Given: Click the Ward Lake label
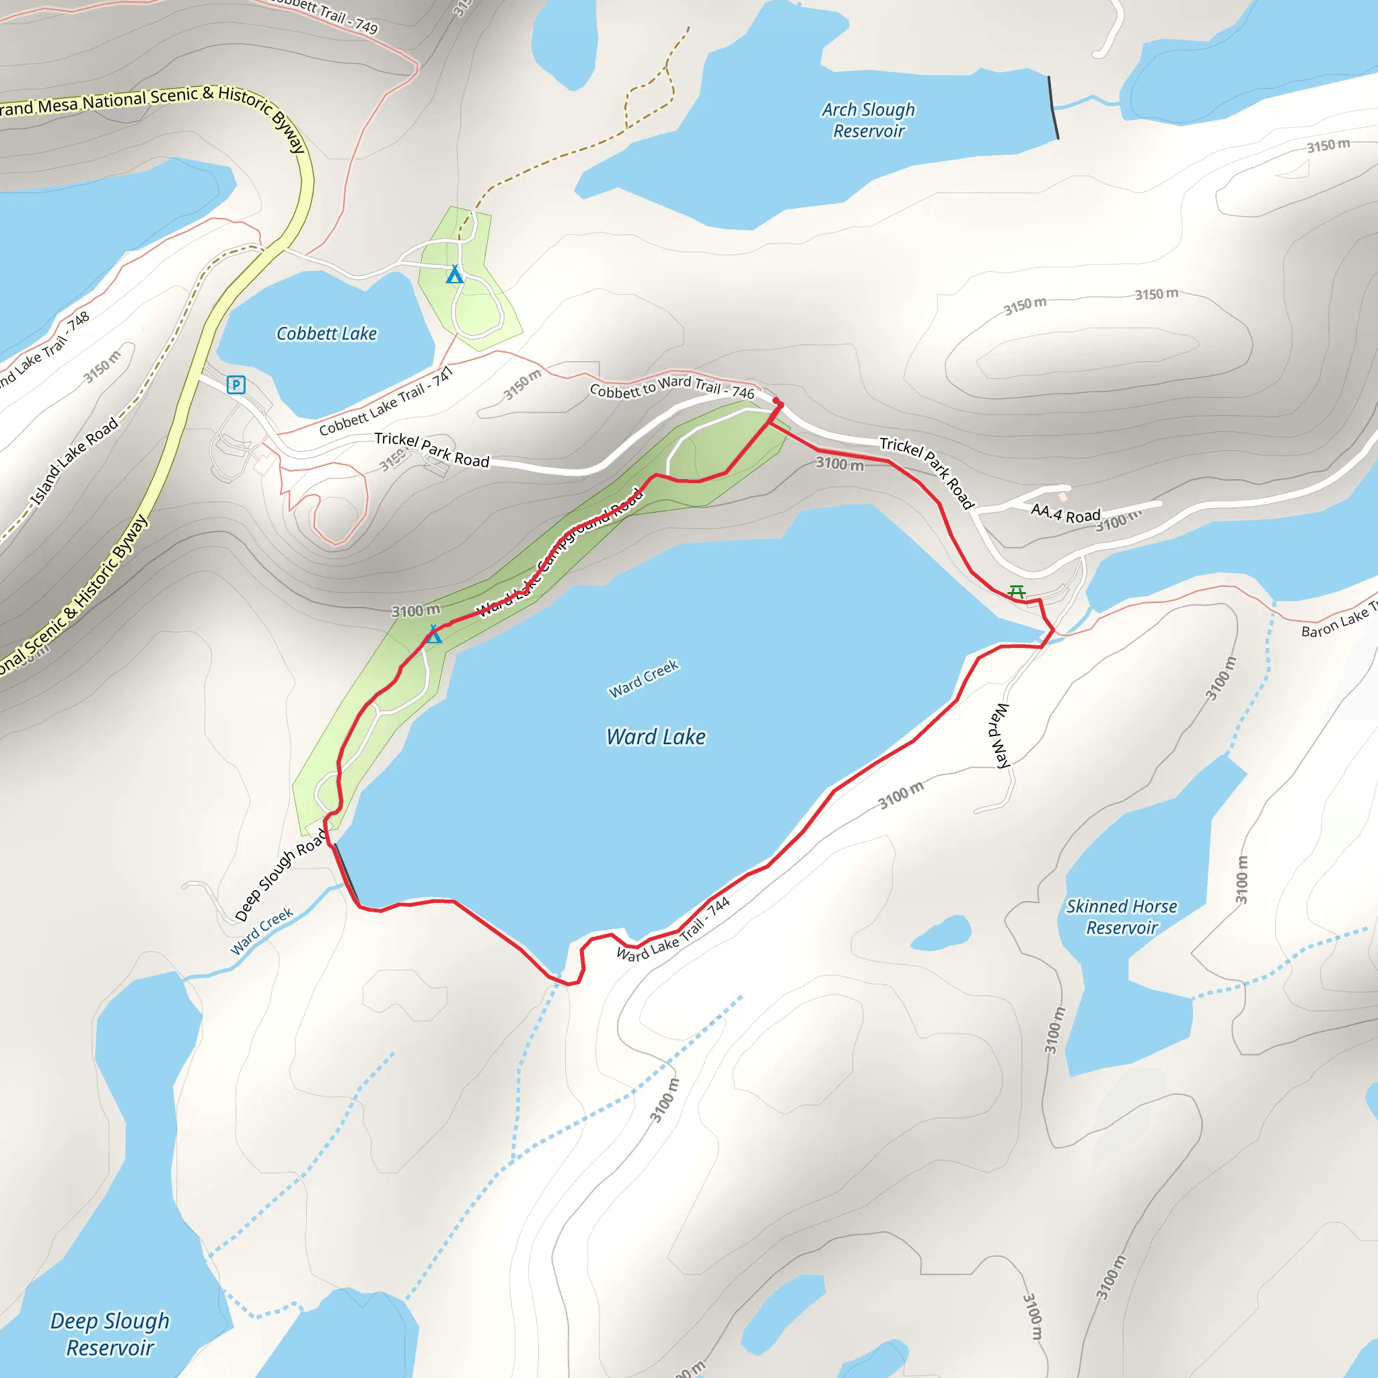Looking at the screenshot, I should [x=655, y=737].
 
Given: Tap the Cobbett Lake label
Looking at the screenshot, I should [x=326, y=334].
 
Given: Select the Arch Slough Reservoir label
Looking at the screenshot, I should [x=868, y=120].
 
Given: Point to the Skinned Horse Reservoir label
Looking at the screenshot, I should [x=1121, y=916].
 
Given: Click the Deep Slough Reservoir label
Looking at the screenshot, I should [x=110, y=1334].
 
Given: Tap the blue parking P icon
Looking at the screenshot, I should [x=236, y=385].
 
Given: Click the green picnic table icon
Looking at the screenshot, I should [x=1017, y=592].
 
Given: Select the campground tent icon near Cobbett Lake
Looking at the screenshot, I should [x=454, y=275].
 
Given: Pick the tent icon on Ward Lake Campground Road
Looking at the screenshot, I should [x=434, y=634].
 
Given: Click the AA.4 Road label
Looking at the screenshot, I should [x=1066, y=513].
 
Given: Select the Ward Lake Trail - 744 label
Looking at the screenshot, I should [x=674, y=929].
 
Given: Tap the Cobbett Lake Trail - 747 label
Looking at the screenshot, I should [x=386, y=402].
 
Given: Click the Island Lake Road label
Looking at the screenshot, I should [x=74, y=462].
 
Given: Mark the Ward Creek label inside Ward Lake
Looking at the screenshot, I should [x=643, y=678].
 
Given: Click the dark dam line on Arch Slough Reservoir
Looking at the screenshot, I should [x=1053, y=107].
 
